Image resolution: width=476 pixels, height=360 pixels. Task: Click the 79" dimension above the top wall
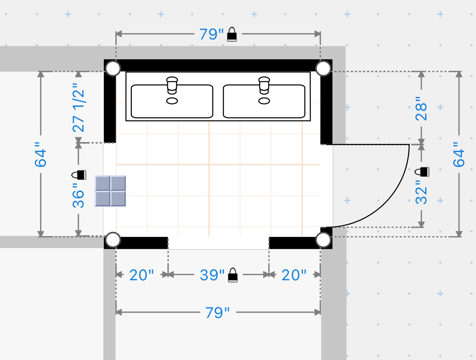coord(212,34)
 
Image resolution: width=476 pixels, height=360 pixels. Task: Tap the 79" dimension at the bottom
coord(217,313)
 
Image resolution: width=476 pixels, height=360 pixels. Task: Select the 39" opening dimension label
coord(212,275)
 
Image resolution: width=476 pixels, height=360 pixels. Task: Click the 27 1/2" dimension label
coord(78,108)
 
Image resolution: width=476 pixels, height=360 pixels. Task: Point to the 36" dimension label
coord(78,195)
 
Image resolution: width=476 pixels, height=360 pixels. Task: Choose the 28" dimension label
coord(421,109)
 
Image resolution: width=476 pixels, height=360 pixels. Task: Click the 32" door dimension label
coord(421,192)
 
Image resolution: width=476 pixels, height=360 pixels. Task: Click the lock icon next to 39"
coord(233,275)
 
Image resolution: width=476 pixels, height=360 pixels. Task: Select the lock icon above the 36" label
coord(78,175)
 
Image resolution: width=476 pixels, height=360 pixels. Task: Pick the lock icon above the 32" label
coord(422,172)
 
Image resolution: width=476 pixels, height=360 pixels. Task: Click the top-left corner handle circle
coord(113,68)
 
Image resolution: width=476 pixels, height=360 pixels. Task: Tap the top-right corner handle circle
coord(323,68)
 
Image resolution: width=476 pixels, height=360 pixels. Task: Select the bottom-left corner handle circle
coord(113,240)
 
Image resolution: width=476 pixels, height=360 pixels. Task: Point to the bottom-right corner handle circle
coord(323,240)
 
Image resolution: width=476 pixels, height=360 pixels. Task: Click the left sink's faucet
coord(172,85)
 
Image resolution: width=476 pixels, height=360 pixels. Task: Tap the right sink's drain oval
coord(264,101)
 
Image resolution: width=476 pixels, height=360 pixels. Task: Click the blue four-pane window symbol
coord(110,191)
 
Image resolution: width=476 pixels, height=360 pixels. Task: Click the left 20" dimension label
coord(142,275)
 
